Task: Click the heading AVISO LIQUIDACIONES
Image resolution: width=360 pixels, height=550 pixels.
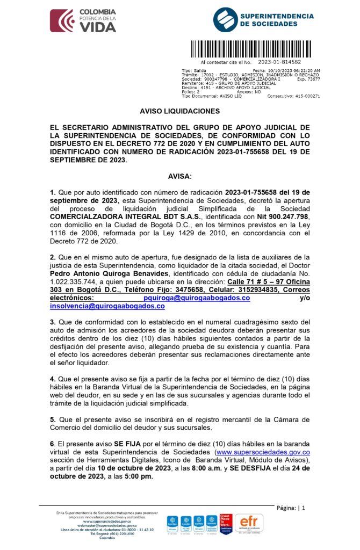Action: click(179, 111)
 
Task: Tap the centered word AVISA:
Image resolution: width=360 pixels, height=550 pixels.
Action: click(179, 176)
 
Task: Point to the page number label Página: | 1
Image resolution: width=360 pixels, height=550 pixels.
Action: click(291, 508)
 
